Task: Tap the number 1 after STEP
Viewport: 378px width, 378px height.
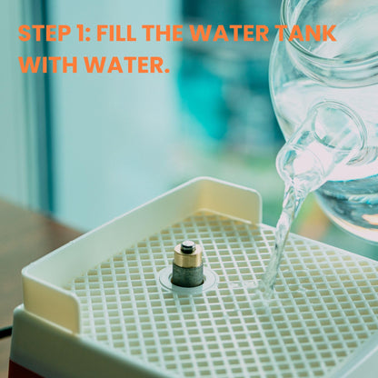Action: click(x=79, y=33)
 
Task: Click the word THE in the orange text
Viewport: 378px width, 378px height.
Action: click(x=163, y=33)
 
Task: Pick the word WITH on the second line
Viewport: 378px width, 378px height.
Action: click(x=48, y=65)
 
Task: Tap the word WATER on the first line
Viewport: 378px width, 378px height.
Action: click(x=229, y=33)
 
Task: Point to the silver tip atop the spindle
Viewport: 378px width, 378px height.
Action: click(x=188, y=245)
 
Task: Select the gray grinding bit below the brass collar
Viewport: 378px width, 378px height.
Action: click(x=188, y=275)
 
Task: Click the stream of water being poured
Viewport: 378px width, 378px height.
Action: click(x=283, y=230)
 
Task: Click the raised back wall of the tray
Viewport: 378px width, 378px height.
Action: click(x=145, y=218)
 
